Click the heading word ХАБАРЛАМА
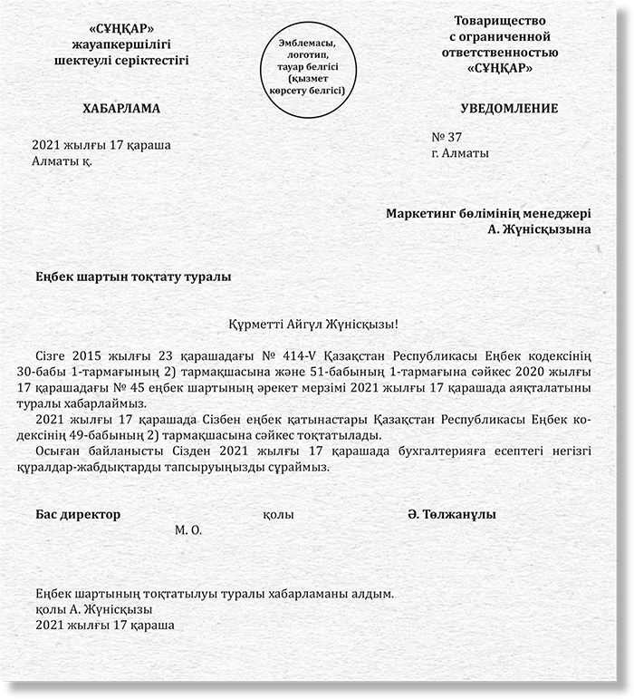coord(120,109)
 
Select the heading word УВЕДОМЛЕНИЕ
coord(509,109)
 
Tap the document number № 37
coord(447,137)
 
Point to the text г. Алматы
coord(460,153)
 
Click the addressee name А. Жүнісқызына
coord(539,229)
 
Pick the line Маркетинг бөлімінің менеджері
coord(488,214)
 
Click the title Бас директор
coord(78,514)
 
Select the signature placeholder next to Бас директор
coord(277,514)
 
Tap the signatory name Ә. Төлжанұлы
coord(451,514)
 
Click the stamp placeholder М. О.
coord(187,529)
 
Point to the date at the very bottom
coord(104,625)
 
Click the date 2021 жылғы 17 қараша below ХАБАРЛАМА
coord(101,145)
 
